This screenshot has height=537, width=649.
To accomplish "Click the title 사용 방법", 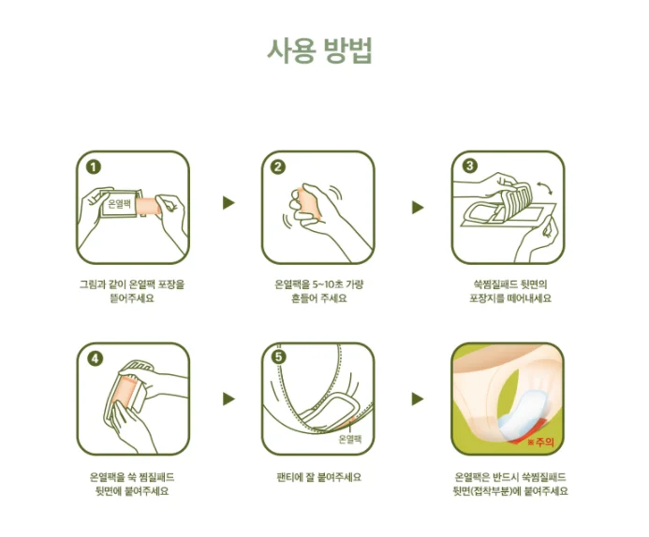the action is [319, 51].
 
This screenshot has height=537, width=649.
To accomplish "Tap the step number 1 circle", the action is [94, 167].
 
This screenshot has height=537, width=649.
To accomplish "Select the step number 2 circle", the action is [278, 167].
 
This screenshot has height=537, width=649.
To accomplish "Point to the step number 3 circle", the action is [469, 166].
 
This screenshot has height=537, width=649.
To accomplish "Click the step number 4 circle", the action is [95, 358].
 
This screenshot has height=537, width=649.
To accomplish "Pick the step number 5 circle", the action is [279, 356].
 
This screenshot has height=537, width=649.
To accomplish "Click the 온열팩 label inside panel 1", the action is [119, 204].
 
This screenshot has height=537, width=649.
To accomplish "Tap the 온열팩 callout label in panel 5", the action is [350, 439].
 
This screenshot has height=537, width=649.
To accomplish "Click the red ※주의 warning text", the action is [540, 443].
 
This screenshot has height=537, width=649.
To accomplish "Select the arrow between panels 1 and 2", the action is [229, 203].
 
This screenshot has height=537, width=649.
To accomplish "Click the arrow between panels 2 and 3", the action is [418, 207].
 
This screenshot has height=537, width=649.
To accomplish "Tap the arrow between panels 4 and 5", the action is [229, 399].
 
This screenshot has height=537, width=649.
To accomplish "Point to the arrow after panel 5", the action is [418, 399].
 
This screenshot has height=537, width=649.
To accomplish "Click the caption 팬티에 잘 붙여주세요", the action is [318, 477].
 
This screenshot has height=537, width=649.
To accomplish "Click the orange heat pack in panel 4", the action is [124, 392].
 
